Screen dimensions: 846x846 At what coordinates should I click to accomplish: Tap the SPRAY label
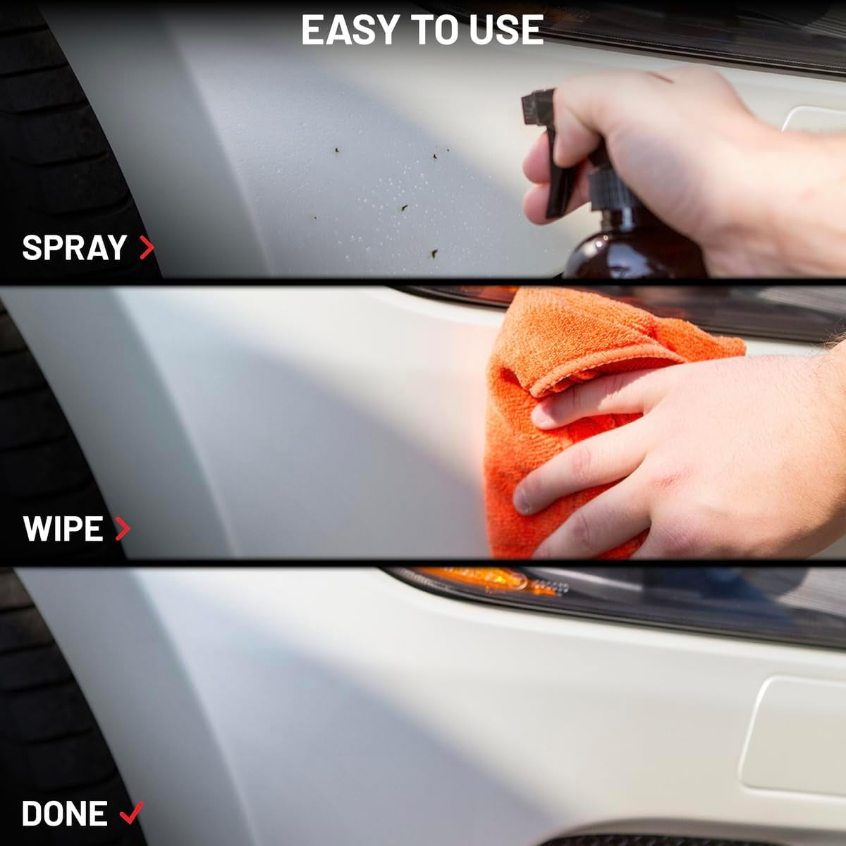click(74, 248)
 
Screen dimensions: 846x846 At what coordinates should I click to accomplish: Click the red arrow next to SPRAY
click(147, 247)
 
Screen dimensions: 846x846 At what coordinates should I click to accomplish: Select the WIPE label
click(63, 529)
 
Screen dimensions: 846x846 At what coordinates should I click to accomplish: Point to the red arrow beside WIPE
click(122, 529)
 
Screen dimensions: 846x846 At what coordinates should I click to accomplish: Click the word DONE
click(64, 814)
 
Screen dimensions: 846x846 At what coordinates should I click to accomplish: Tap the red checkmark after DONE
click(131, 813)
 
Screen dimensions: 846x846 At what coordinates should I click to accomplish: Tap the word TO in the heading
click(435, 30)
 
